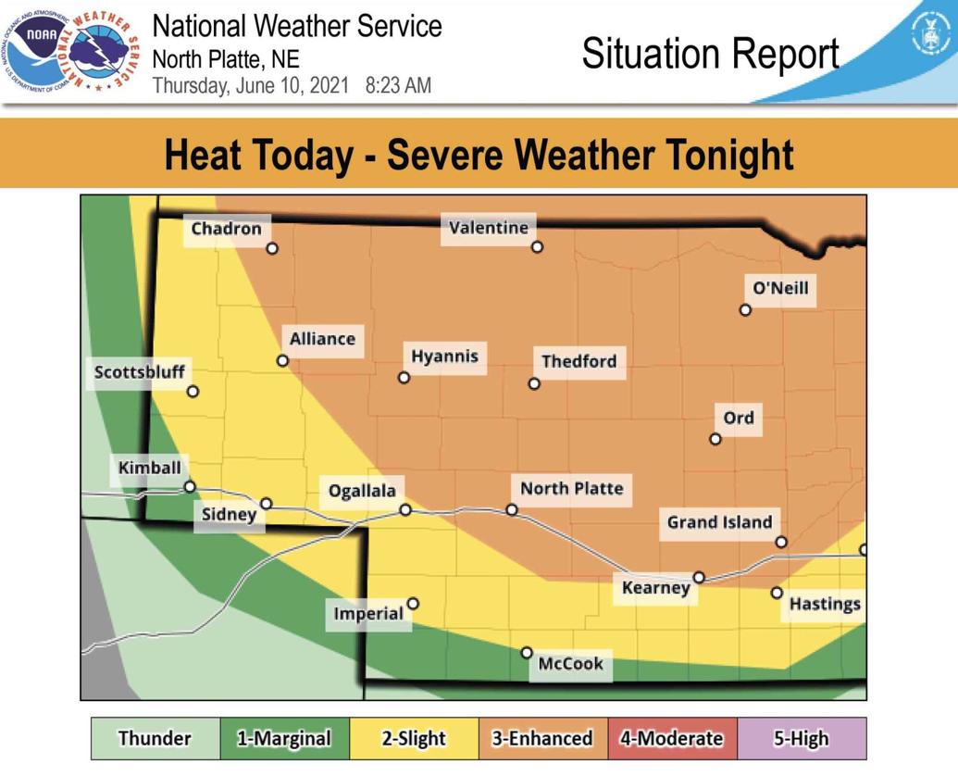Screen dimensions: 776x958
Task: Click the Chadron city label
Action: [226, 229]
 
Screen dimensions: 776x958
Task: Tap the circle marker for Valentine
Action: [537, 247]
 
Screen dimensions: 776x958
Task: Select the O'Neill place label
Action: [780, 288]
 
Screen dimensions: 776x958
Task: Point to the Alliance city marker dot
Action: [283, 360]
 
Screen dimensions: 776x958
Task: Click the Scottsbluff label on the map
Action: [140, 372]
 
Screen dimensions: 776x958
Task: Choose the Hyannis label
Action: [444, 357]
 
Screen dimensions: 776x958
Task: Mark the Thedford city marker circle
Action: [534, 383]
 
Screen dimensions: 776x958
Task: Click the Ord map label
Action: [738, 418]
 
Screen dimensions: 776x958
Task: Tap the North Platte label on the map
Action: [571, 488]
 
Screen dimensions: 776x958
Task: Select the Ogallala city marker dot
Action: [405, 510]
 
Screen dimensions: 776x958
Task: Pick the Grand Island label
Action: [719, 522]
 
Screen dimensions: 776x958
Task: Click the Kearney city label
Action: [655, 588]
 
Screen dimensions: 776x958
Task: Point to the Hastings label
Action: [824, 604]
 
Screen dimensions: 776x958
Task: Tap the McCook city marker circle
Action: [527, 653]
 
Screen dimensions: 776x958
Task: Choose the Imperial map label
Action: [368, 613]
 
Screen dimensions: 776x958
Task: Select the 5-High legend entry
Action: [802, 738]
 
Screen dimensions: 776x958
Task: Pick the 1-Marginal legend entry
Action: [284, 738]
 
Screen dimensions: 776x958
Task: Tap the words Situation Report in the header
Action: [710, 54]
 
